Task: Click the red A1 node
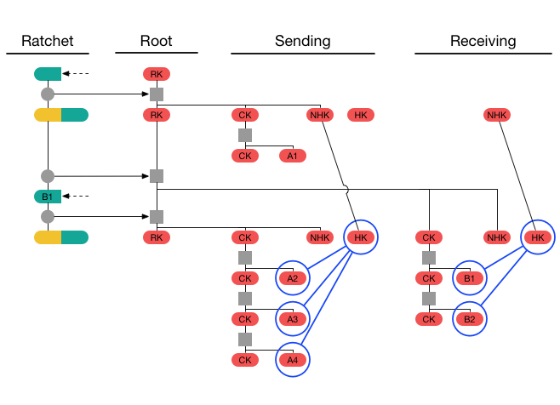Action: click(292, 156)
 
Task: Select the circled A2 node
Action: click(292, 278)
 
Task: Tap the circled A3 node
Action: click(292, 319)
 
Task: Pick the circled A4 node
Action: click(292, 360)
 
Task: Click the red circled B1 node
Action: click(469, 278)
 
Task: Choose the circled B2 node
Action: click(469, 319)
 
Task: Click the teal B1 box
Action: click(48, 197)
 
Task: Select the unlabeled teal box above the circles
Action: click(48, 74)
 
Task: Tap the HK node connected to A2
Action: click(361, 237)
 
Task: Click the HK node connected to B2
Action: click(537, 237)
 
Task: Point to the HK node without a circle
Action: click(361, 115)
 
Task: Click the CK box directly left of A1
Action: click(244, 156)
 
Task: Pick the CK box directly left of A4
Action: click(244, 360)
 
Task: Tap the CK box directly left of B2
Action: click(428, 319)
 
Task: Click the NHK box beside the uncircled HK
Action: click(320, 115)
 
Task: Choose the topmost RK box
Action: click(156, 74)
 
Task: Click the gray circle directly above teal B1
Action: click(48, 176)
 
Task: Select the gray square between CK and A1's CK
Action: click(245, 135)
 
